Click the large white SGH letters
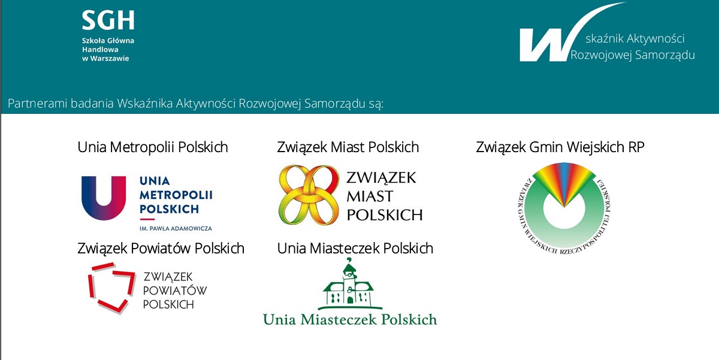point(108,20)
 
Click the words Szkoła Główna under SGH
point(108,41)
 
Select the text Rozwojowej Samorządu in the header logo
point(632,55)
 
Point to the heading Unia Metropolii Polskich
point(153,147)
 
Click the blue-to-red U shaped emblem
point(104,198)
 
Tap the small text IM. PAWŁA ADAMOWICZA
point(176,228)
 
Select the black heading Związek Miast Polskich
point(348,147)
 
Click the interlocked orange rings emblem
point(309,195)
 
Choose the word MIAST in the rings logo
point(370,196)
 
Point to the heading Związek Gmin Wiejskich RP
point(560,147)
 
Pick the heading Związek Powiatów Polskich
point(161,249)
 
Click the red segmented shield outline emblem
point(111,288)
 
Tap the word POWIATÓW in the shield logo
point(175,291)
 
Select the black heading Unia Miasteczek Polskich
point(355,249)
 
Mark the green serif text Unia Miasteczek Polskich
point(350,320)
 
